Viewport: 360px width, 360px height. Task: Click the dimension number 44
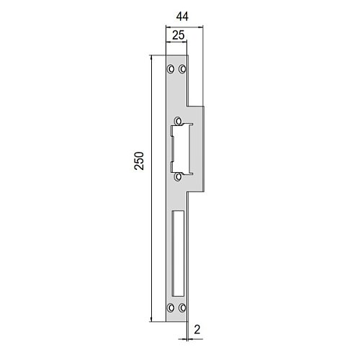coord(182,17)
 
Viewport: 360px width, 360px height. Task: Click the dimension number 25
coord(179,35)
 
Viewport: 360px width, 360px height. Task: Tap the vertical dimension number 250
coord(139,161)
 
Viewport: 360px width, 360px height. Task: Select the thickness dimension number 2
coord(197,330)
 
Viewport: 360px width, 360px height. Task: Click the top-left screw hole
coord(171,69)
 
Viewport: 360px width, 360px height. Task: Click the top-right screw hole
coord(182,69)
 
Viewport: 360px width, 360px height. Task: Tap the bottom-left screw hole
coord(171,307)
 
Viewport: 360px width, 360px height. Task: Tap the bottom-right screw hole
coord(182,307)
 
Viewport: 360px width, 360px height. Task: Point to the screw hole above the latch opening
coord(178,121)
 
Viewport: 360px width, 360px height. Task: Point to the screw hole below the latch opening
coord(178,177)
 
